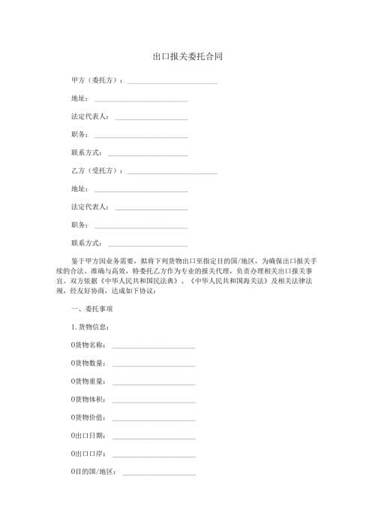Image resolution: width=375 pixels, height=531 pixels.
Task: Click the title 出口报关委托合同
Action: [187, 56]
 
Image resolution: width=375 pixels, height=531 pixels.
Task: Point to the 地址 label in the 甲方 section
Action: [79, 98]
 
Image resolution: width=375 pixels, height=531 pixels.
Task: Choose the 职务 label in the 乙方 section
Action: [79, 225]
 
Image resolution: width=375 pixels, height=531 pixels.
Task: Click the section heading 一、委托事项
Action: [91, 309]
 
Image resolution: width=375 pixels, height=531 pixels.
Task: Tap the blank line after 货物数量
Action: [153, 366]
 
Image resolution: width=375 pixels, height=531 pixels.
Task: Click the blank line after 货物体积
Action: [153, 402]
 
